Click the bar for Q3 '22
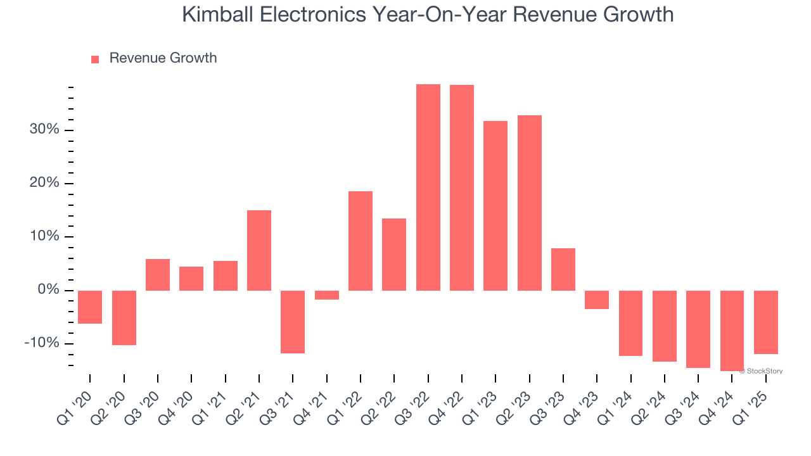tap(428, 187)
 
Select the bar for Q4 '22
tap(462, 187)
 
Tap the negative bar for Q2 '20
tap(124, 317)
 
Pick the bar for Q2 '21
tap(259, 250)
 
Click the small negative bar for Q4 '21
tap(327, 295)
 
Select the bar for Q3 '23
tap(563, 269)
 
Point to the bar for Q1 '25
tap(766, 322)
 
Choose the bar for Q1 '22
tap(361, 241)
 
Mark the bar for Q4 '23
tap(597, 300)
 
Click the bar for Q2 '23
tap(530, 203)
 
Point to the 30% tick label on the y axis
tap(44, 130)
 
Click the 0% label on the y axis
tap(48, 290)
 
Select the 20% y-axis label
tap(44, 183)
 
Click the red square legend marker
tap(95, 59)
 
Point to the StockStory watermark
tap(763, 371)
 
